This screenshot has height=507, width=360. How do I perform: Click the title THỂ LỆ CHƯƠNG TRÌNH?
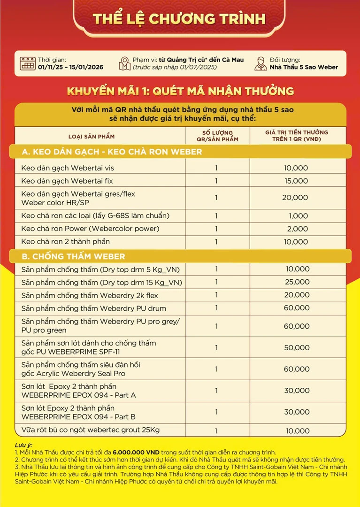coord(179,19)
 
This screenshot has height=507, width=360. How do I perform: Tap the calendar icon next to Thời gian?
coord(28,63)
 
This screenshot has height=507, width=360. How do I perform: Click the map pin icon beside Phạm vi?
coord(124,63)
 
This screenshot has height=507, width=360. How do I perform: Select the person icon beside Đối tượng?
coord(260,63)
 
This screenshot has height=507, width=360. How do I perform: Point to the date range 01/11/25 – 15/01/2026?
coord(70,67)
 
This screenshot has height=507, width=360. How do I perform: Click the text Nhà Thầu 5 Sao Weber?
coord(304,67)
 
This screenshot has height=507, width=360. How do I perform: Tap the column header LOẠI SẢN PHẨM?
coord(92,137)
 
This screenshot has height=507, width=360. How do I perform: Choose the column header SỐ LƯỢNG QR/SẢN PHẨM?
coord(217,136)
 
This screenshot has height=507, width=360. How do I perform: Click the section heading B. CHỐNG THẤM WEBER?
coord(74,256)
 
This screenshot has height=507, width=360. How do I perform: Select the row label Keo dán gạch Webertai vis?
coord(68,168)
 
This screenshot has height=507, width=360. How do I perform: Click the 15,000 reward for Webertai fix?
coord(296,181)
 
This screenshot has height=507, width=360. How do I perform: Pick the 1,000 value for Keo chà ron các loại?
coord(299,216)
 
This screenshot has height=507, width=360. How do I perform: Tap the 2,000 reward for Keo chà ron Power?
coord(298,229)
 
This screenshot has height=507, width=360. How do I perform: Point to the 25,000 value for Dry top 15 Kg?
coord(297,283)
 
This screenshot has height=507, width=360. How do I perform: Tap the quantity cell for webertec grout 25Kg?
coord(216,430)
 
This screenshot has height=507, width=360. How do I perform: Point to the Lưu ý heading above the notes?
coord(24,445)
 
